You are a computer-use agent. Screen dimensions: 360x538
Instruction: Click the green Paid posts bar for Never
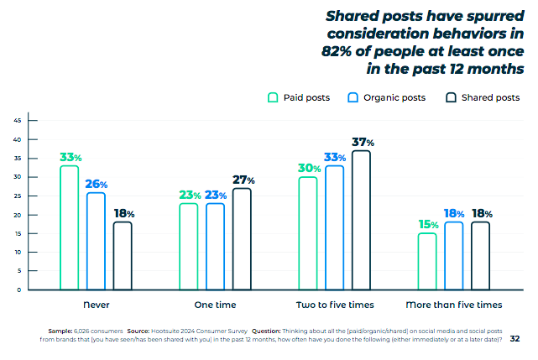click(x=69, y=227)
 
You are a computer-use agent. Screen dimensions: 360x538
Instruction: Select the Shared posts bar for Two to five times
click(x=361, y=220)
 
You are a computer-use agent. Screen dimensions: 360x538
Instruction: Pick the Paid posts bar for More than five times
click(x=426, y=261)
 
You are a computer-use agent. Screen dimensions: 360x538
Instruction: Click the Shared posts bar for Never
click(x=123, y=255)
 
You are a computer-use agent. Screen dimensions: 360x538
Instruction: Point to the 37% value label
click(x=362, y=143)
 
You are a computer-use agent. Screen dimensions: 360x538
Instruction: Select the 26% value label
click(x=96, y=184)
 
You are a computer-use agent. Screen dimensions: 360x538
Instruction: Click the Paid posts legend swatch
click(x=273, y=97)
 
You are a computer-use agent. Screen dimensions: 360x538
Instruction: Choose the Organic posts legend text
click(x=394, y=97)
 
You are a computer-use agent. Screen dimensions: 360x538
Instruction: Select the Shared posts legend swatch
click(x=452, y=97)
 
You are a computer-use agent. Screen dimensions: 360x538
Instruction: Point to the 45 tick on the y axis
click(x=18, y=120)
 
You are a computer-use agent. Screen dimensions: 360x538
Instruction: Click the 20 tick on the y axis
click(x=18, y=214)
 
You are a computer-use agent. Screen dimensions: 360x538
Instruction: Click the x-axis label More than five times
click(x=453, y=304)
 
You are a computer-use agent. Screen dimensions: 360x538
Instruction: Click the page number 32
click(x=514, y=338)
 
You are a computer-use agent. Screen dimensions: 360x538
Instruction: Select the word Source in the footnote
click(x=139, y=331)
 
